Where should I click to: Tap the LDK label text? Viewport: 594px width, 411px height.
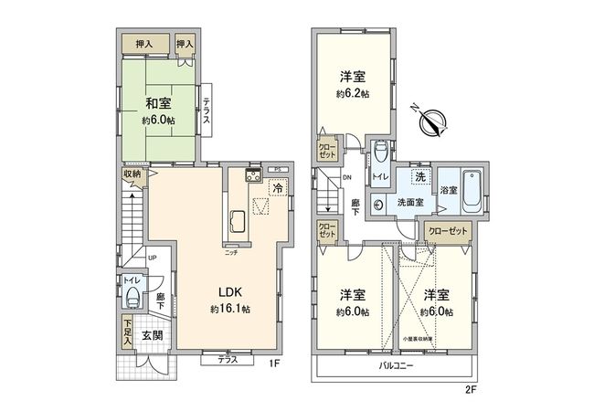click(229, 293)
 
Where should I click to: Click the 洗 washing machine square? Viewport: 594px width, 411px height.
click(419, 175)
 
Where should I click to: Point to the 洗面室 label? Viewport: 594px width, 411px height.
click(408, 202)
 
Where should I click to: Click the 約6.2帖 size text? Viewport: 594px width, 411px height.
click(353, 94)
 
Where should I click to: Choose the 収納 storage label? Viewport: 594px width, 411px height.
click(132, 174)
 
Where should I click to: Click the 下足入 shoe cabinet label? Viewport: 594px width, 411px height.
click(128, 332)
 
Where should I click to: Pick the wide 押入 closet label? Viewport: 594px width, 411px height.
click(145, 42)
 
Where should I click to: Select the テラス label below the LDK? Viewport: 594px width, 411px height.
click(228, 360)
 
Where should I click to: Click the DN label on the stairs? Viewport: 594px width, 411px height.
click(347, 177)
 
